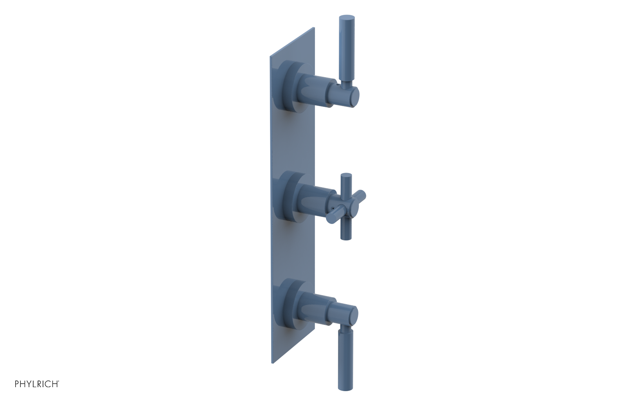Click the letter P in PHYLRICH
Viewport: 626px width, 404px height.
point(17,384)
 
